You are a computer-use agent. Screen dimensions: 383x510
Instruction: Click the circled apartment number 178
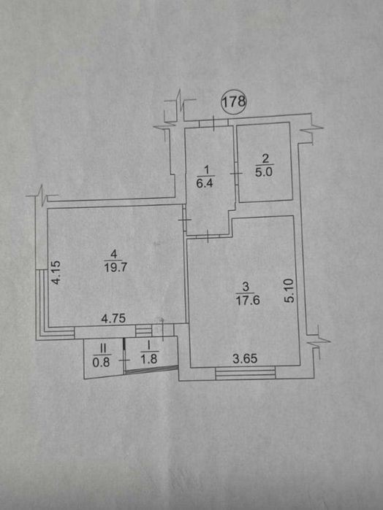(234, 101)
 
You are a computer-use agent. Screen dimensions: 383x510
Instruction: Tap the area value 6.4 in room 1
(205, 183)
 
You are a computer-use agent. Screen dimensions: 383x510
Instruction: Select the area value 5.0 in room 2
(264, 172)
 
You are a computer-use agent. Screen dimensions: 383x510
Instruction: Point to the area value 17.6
(248, 300)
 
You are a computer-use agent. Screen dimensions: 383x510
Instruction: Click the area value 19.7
(115, 267)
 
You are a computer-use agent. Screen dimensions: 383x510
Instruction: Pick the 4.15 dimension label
(56, 273)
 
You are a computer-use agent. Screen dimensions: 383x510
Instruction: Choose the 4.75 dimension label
(113, 318)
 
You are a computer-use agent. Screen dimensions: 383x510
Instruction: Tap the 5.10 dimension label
(289, 290)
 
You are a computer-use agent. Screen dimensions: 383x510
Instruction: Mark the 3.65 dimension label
(245, 358)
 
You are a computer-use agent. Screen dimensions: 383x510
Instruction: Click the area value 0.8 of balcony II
(101, 362)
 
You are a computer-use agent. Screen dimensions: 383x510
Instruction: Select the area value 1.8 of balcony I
(149, 359)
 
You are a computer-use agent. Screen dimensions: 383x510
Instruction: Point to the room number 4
(113, 253)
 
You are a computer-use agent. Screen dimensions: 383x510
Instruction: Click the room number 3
(246, 287)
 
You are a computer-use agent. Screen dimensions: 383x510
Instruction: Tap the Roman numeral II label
(103, 349)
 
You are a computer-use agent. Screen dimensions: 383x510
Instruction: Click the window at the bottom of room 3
(246, 372)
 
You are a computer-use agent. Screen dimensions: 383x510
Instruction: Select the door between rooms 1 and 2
(235, 174)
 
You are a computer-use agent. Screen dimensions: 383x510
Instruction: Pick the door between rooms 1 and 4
(184, 220)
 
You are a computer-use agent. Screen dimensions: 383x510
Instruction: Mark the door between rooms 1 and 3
(208, 236)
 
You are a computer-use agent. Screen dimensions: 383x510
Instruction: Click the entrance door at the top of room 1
(213, 123)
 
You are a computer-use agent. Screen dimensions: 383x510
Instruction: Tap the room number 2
(265, 159)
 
